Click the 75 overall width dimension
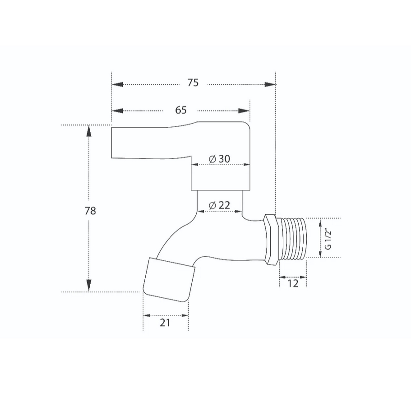click(193, 83)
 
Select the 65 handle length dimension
click(181, 110)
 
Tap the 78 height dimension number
click(90, 211)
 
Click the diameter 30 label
click(219, 159)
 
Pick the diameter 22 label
click(219, 205)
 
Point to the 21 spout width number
click(165, 323)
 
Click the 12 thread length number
click(293, 283)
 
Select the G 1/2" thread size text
click(328, 239)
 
